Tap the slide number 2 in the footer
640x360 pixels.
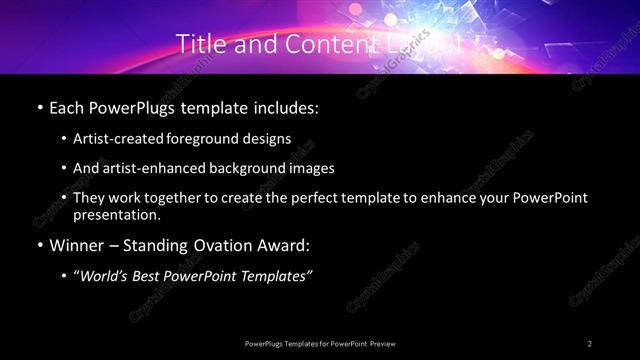pos(590,343)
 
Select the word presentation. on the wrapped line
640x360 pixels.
pos(116,215)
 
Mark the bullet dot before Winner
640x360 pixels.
pos(39,245)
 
